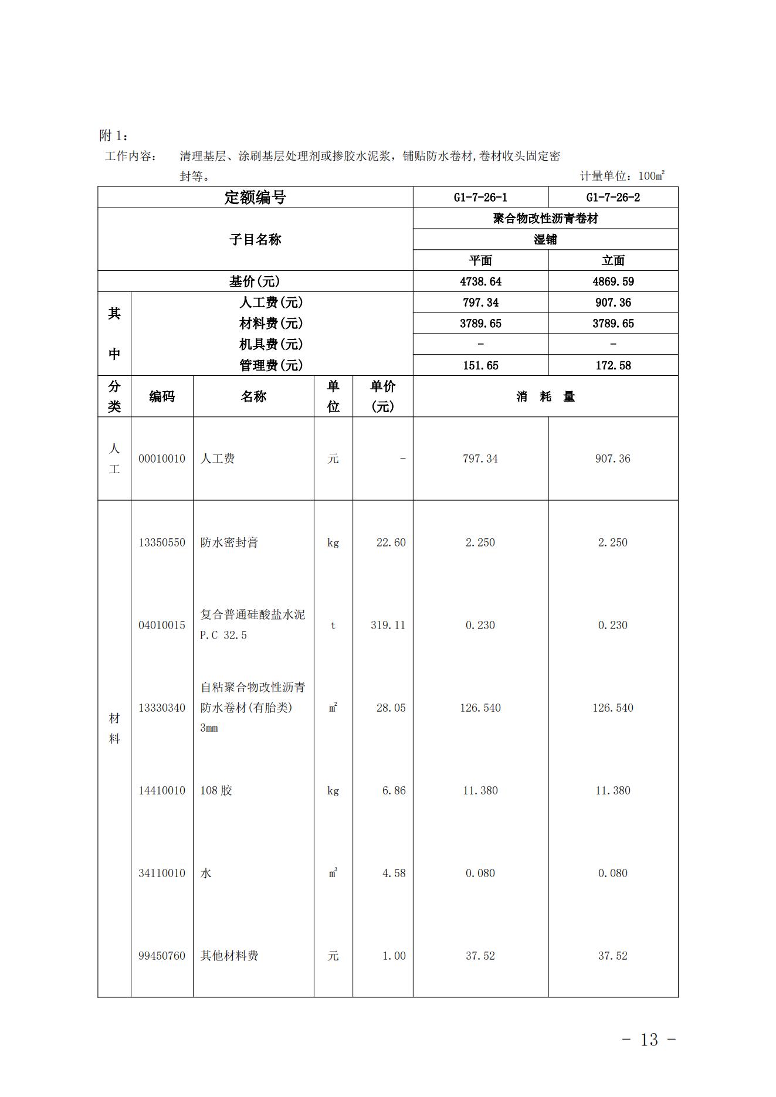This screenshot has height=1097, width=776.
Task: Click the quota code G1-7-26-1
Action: coord(480,198)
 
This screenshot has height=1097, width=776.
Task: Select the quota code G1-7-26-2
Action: coord(613,198)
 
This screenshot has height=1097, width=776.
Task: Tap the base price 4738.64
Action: coord(480,281)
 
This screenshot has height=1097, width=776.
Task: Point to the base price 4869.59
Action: coord(613,281)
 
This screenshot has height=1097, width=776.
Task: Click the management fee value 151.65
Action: coord(480,365)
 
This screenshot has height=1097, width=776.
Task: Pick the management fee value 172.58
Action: coord(613,365)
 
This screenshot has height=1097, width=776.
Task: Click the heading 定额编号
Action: coord(255,198)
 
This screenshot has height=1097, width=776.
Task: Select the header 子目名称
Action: coord(255,239)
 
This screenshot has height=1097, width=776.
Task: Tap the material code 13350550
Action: coord(162,542)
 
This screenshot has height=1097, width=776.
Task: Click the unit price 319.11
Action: coord(388,625)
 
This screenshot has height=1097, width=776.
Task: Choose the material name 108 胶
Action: coord(216,790)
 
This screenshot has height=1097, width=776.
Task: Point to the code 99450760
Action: coord(162,956)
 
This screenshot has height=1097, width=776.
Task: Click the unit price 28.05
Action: coord(391,708)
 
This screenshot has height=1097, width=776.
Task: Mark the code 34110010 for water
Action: coord(162,873)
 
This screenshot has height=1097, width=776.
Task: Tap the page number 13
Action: coord(649,1040)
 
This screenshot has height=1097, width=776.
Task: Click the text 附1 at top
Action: coord(113,135)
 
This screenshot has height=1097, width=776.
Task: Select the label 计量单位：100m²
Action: coord(622,176)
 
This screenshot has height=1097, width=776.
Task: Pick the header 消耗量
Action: coord(545,397)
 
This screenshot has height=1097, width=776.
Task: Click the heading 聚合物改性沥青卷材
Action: coord(545,219)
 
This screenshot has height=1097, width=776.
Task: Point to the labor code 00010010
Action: coord(162,459)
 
